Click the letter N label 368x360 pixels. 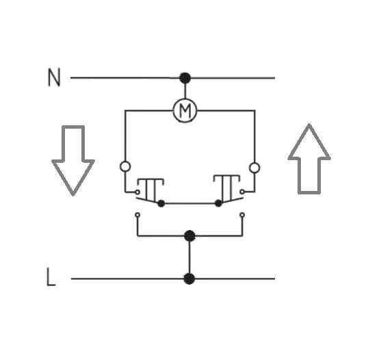(54, 77)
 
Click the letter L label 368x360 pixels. (51, 277)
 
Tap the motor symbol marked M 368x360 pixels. (185, 110)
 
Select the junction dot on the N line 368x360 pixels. (185, 78)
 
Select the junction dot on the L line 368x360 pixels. (189, 279)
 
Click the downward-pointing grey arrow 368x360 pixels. (73, 160)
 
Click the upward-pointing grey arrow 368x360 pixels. (309, 159)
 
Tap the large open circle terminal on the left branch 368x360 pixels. (125, 166)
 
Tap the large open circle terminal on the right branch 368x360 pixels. (254, 168)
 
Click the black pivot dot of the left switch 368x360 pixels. (161, 203)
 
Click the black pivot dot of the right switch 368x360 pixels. (218, 203)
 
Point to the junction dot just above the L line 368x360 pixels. (189, 235)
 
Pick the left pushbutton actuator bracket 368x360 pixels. (150, 179)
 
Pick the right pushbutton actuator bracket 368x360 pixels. (226, 176)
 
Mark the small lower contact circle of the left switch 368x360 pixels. (137, 215)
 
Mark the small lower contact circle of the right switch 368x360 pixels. (242, 215)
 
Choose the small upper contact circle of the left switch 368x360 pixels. (137, 192)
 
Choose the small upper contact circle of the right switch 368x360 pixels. (242, 192)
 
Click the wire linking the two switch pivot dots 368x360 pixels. (189, 203)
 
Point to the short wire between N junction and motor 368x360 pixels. (185, 91)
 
